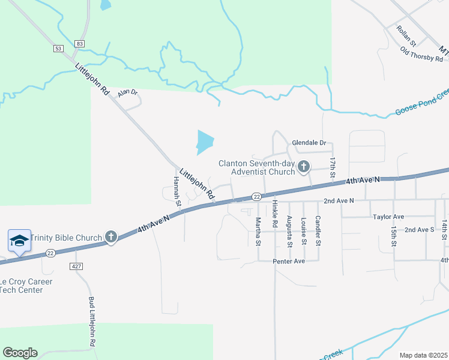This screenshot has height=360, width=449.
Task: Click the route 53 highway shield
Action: [x=58, y=49]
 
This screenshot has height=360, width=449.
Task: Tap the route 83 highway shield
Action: [x=80, y=43]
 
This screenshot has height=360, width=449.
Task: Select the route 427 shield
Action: [x=76, y=266]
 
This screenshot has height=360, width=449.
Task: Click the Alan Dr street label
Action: [x=127, y=93]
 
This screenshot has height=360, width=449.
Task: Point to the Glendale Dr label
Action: [x=309, y=143]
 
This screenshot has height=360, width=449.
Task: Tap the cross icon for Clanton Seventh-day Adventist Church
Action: [x=304, y=166]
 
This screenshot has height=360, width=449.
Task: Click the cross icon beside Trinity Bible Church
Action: [x=110, y=237]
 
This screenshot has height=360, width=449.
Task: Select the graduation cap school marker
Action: [x=19, y=241]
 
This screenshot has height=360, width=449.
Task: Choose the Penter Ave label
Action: [x=289, y=262]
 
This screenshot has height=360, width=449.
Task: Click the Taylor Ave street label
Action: [x=388, y=217]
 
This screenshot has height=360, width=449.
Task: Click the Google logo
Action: [x=20, y=353]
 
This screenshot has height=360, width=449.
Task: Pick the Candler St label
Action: [x=318, y=230]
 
